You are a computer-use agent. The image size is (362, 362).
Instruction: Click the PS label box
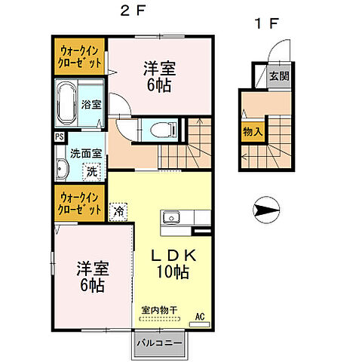click(59, 137)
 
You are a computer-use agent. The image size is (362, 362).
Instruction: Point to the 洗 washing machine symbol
click(91, 170)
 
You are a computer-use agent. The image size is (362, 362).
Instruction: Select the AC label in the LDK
click(200, 317)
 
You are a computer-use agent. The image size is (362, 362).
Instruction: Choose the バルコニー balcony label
click(160, 343)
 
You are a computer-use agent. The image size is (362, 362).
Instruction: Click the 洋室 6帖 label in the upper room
click(160, 75)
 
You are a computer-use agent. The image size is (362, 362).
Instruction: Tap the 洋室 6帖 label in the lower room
click(91, 277)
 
